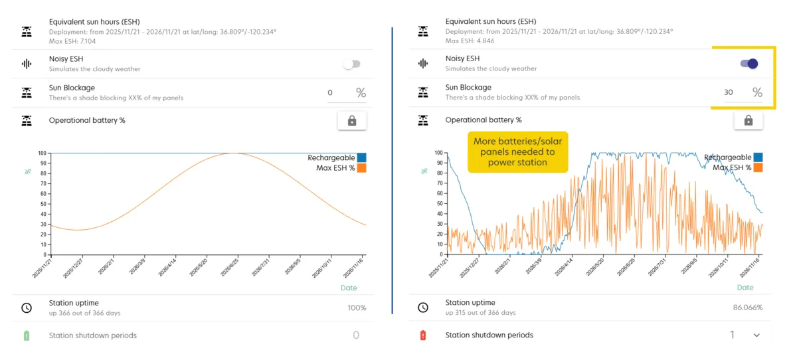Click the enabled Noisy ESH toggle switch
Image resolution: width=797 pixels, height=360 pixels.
click(749, 64)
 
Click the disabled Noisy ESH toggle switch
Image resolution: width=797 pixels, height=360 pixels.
click(351, 64)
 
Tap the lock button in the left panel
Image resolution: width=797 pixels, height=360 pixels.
click(352, 120)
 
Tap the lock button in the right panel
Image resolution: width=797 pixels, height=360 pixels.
click(749, 120)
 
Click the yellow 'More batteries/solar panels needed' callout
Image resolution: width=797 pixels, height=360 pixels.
click(517, 151)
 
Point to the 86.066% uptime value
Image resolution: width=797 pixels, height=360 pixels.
click(749, 308)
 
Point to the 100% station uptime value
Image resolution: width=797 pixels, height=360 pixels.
click(356, 308)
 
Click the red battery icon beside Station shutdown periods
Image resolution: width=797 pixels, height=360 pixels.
click(423, 335)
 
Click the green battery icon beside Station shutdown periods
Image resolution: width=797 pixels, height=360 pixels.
click(27, 335)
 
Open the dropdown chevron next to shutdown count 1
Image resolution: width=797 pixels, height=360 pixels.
click(756, 335)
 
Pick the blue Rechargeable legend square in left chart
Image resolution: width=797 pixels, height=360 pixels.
click(361, 158)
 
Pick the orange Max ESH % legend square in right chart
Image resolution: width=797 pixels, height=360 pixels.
click(758, 167)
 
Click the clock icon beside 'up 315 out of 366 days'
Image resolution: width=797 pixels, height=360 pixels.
click(423, 308)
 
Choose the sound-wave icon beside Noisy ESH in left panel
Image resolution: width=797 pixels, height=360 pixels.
click(27, 64)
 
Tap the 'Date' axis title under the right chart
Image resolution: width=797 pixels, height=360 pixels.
click(745, 288)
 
